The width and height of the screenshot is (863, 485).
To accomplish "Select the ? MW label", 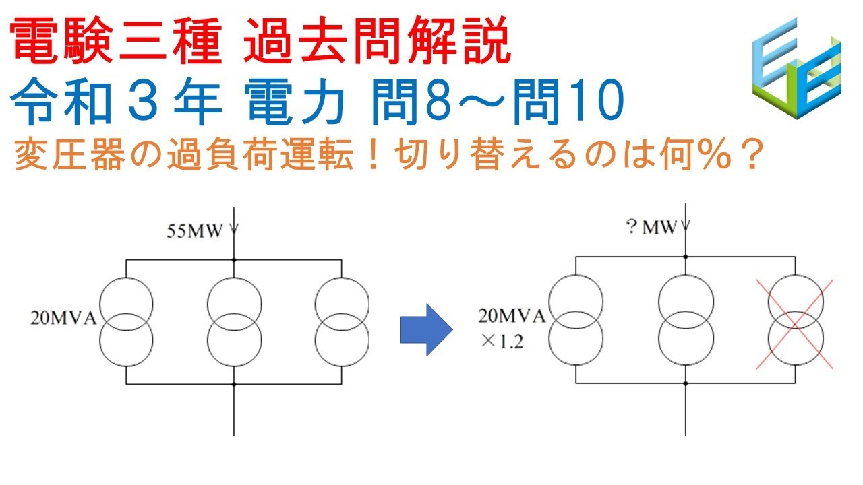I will pyautogui.click(x=651, y=228).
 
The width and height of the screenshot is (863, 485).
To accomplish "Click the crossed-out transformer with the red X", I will pyautogui.click(x=796, y=323).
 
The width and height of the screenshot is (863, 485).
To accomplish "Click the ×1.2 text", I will pyautogui.click(x=502, y=342).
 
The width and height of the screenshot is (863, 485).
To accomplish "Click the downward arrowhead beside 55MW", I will pyautogui.click(x=234, y=230).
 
